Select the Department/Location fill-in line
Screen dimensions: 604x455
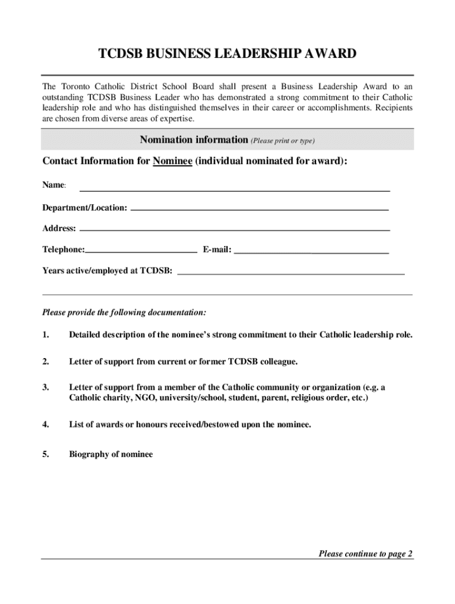tap(259, 209)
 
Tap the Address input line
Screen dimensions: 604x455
tap(235, 229)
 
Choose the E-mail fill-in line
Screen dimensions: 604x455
tap(311, 252)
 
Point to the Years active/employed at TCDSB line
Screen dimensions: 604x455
tap(291, 274)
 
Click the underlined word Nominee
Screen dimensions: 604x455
tap(173, 162)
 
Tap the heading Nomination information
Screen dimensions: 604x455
tap(193, 140)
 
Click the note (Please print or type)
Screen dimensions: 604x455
tap(282, 141)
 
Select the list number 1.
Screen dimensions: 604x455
tap(45, 335)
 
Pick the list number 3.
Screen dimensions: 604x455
tap(45, 388)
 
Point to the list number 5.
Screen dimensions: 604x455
tap(45, 454)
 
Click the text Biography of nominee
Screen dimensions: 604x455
tap(110, 454)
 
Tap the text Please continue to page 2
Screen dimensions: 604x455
tap(365, 553)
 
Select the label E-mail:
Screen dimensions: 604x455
tap(217, 250)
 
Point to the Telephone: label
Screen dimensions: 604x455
tap(63, 250)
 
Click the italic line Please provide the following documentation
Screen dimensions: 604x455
tap(124, 312)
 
